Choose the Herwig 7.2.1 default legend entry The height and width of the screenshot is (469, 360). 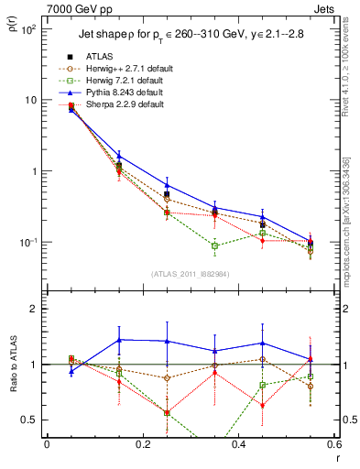tap(124, 81)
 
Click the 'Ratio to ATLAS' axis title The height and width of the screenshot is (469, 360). tap(12, 366)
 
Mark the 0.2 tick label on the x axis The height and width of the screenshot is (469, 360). tap(142, 446)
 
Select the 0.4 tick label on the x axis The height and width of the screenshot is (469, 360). tap(238, 446)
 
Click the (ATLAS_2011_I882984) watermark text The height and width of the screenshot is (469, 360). tap(190, 274)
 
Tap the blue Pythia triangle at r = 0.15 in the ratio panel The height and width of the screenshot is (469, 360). tap(118, 339)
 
